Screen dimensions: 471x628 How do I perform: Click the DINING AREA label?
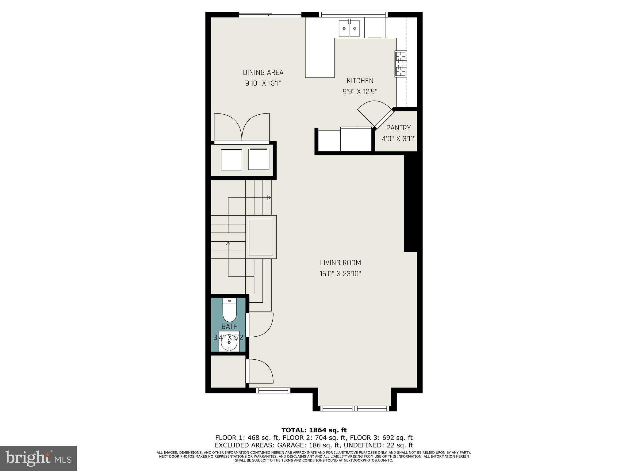(263, 73)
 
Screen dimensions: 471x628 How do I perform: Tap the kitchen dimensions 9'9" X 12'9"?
(360, 91)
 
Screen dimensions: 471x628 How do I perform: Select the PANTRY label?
(398, 128)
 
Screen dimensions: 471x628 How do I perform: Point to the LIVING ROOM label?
(340, 263)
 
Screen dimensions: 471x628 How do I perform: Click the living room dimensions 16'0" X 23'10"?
(340, 274)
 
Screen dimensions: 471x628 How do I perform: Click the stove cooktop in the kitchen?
(400, 64)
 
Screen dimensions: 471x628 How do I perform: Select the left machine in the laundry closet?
(231, 159)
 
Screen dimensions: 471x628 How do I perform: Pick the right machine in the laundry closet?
(258, 159)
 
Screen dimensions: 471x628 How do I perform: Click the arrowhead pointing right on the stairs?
(269, 197)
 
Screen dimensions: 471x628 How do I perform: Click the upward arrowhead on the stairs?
(228, 244)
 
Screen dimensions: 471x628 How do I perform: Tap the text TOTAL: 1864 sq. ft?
(314, 430)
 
